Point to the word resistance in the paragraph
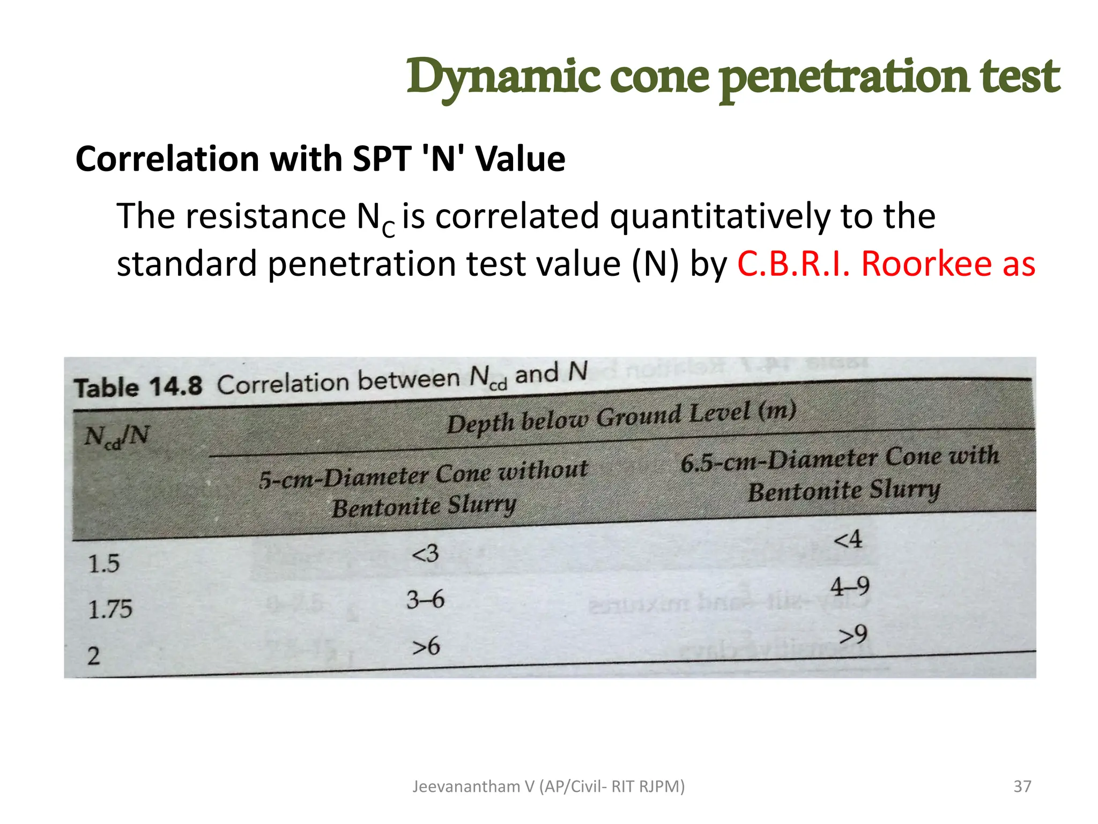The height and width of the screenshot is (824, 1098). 265,216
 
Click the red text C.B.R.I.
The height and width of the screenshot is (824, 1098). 793,264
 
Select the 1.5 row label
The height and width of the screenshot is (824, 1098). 103,564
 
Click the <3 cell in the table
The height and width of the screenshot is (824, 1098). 425,553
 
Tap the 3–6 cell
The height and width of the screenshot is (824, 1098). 425,600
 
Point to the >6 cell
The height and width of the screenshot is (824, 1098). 426,646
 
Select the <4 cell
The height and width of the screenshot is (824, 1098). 848,539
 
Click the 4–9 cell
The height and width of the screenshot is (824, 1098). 850,586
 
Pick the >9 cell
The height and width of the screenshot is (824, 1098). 853,635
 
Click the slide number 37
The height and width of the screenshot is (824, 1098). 1022,786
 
